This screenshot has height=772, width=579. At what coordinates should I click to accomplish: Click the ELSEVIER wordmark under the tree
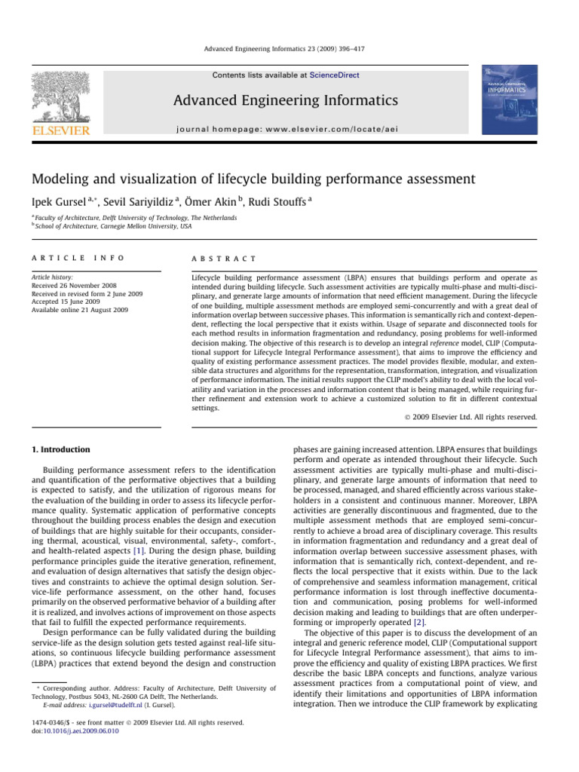tap(60, 131)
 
